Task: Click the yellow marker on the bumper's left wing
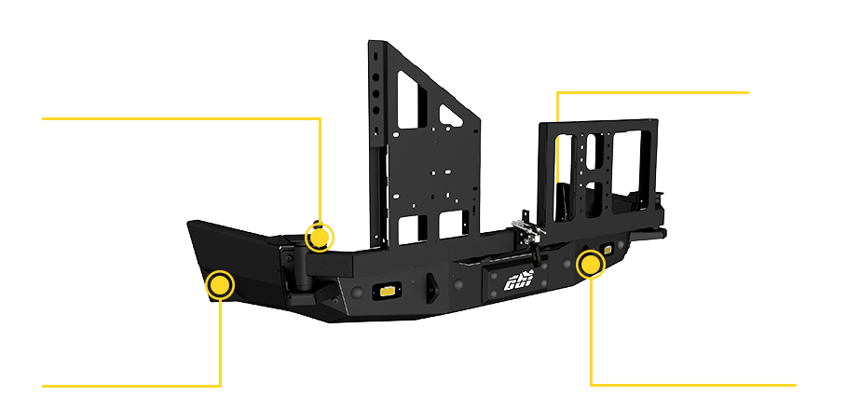point(220,284)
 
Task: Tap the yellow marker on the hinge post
point(320,237)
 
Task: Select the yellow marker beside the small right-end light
point(590,265)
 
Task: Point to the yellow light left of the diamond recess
point(382,291)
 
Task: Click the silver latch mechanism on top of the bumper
point(527,232)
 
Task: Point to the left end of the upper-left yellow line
point(44,119)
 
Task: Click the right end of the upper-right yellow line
point(748,93)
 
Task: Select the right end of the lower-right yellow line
point(796,384)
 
